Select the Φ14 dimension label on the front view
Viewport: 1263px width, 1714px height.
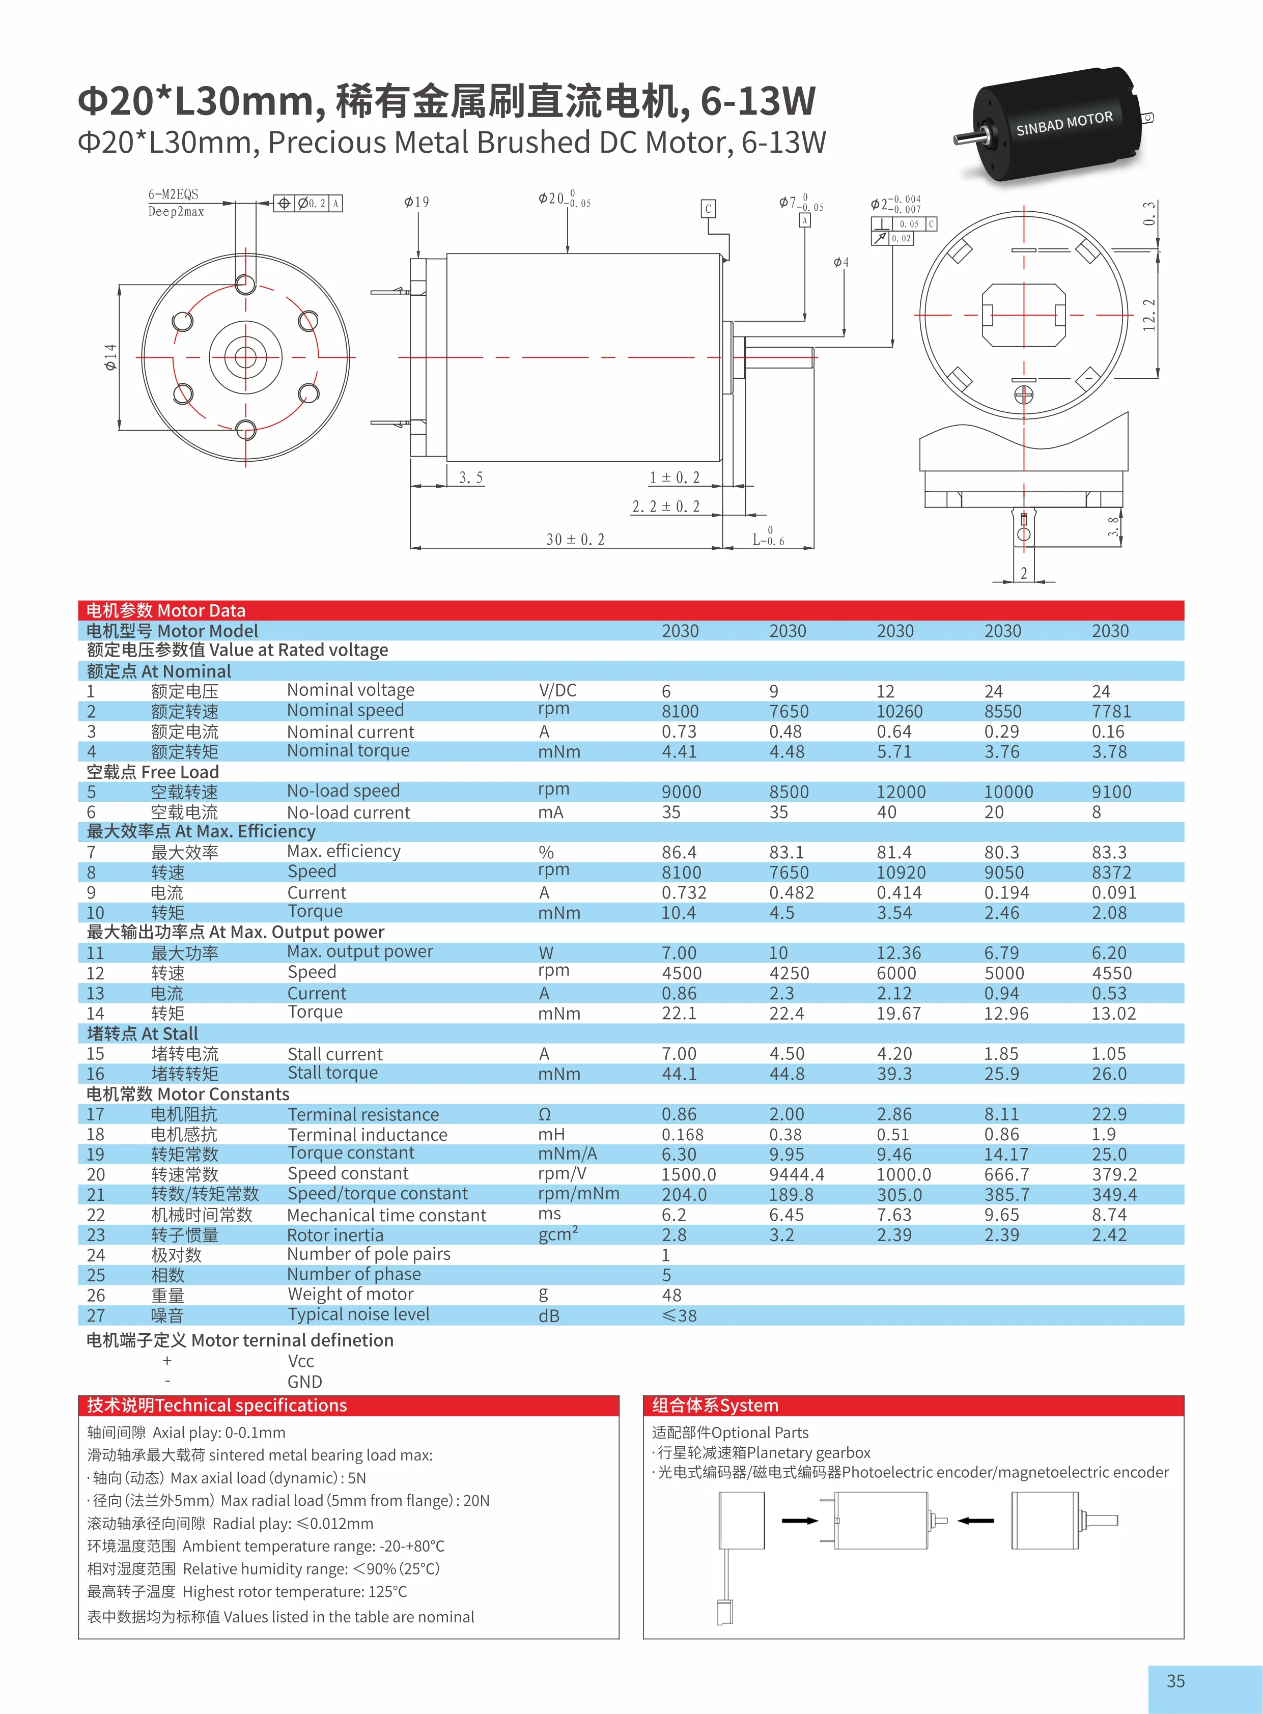111,357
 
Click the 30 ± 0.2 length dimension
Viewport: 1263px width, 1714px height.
575,539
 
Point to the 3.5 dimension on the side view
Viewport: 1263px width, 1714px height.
471,478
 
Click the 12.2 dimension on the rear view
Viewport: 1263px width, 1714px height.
1148,315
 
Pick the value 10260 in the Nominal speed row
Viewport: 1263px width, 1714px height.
900,711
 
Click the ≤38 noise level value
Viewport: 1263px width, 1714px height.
679,1315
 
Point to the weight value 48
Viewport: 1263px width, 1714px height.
671,1295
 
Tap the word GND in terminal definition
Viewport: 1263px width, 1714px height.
304,1382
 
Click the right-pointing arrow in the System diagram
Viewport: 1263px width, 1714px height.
800,1521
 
